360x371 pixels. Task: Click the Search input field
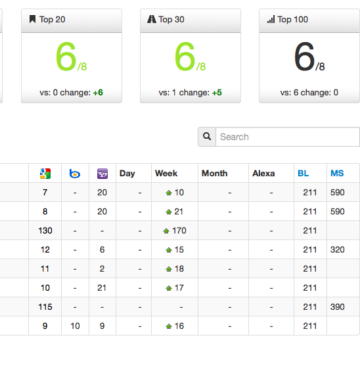[288, 137]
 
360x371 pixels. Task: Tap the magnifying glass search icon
[207, 136]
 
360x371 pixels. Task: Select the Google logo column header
[45, 174]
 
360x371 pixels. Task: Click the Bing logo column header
[75, 174]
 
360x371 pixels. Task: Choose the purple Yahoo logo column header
[102, 174]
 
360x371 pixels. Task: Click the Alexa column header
[263, 174]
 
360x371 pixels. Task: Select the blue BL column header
[304, 174]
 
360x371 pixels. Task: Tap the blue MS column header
[337, 174]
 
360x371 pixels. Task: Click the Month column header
[214, 174]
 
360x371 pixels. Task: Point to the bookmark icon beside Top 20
[33, 19]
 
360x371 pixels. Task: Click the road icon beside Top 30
[152, 19]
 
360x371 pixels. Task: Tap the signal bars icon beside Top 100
[271, 19]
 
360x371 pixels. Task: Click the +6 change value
[98, 93]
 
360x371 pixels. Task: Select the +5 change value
[217, 93]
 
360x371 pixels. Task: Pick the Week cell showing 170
[175, 230]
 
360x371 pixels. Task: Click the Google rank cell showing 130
[45, 230]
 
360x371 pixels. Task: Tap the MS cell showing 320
[337, 249]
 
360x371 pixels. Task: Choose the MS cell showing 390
[337, 307]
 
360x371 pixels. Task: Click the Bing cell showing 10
[75, 326]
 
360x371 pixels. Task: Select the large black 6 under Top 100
[305, 57]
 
